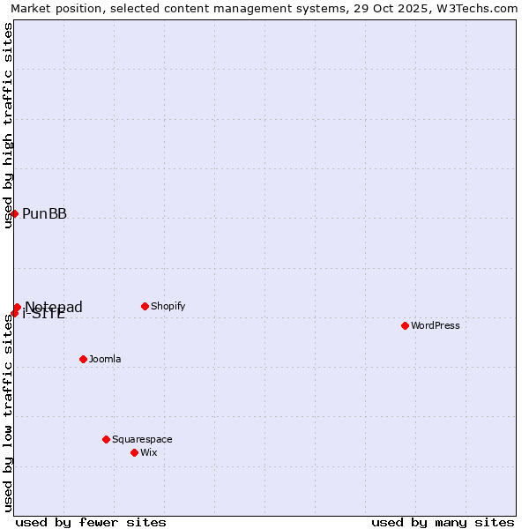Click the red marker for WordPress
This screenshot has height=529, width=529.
point(405,325)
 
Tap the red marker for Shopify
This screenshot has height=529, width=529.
point(145,306)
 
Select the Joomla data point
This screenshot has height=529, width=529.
point(83,359)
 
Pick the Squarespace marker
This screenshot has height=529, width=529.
point(106,439)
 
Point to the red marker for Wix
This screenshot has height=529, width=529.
point(134,452)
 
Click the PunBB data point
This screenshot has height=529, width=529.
point(14,213)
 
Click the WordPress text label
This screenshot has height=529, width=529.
point(436,325)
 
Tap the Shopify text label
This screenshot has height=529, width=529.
point(168,306)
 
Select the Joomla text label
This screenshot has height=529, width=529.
point(105,359)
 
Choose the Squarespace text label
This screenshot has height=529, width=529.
point(142,439)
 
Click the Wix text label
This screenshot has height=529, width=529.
point(149,452)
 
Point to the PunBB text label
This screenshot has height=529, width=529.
point(44,213)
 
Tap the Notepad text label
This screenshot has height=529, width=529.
point(54,306)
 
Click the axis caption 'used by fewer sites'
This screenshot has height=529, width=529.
point(91,522)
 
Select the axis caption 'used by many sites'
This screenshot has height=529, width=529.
point(443,522)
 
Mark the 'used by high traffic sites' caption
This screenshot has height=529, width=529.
point(8,125)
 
